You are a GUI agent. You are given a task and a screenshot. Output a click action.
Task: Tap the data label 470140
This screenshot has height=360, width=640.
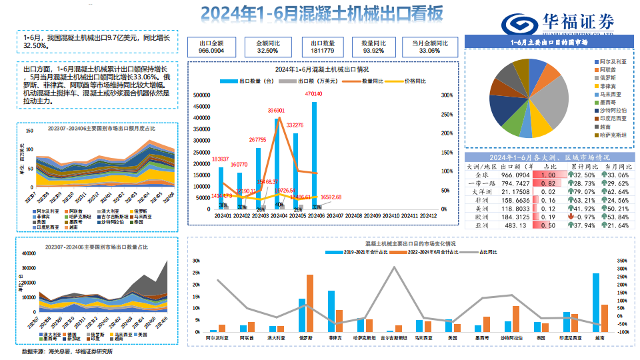(313, 94)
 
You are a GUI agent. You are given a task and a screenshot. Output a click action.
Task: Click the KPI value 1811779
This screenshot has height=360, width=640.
(323, 51)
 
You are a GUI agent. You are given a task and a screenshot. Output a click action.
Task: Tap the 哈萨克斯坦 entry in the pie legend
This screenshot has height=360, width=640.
(610, 134)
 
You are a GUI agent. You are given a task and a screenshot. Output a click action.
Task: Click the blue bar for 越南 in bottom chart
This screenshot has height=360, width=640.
(595, 303)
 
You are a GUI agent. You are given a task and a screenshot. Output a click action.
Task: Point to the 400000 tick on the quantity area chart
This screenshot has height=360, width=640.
(29, 253)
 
